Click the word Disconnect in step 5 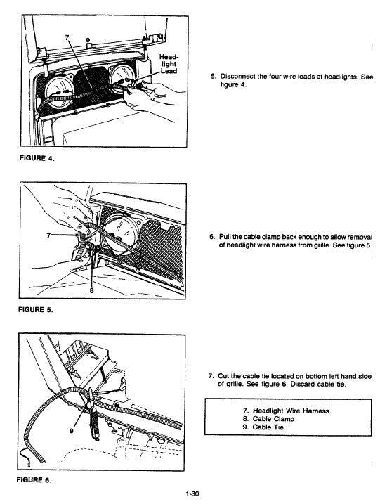click(x=242, y=76)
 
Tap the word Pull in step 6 click(x=227, y=236)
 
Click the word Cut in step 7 click(x=225, y=375)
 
